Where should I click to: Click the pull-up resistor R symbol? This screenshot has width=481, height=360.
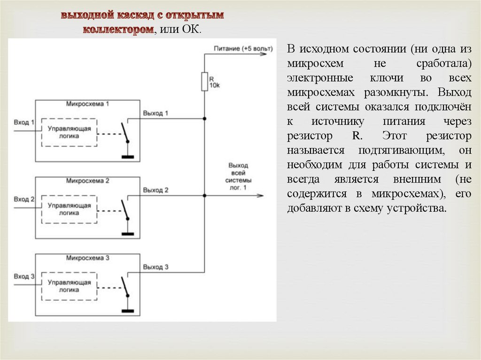coord(204,82)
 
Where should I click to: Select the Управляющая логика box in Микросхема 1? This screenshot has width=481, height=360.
coord(69,132)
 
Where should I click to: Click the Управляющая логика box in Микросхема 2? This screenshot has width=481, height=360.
coord(69,209)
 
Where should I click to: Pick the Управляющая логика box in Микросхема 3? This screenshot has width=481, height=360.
coord(69,286)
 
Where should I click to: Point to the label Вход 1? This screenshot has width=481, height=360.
coord(24,123)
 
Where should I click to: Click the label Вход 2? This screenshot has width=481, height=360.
coord(24,199)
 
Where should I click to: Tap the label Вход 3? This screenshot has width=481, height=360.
coord(24,276)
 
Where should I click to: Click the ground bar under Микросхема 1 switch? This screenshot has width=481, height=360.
coord(127,157)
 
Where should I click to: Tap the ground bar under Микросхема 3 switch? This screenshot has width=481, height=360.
coord(127,310)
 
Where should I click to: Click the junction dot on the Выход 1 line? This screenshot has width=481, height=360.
coord(204,119)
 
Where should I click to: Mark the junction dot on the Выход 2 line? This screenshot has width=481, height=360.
coord(204,195)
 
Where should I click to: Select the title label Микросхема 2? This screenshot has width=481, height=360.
coord(88,180)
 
